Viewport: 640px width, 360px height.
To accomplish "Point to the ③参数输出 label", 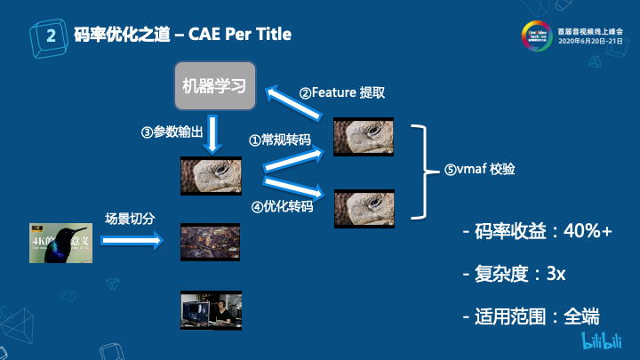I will click(172, 132).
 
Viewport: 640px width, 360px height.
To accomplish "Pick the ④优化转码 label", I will click(282, 206).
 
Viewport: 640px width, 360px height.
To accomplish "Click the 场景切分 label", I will click(130, 219).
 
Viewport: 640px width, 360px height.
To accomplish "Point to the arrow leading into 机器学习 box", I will click(298, 101).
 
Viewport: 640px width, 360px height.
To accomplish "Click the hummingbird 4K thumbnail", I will click(61, 243).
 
